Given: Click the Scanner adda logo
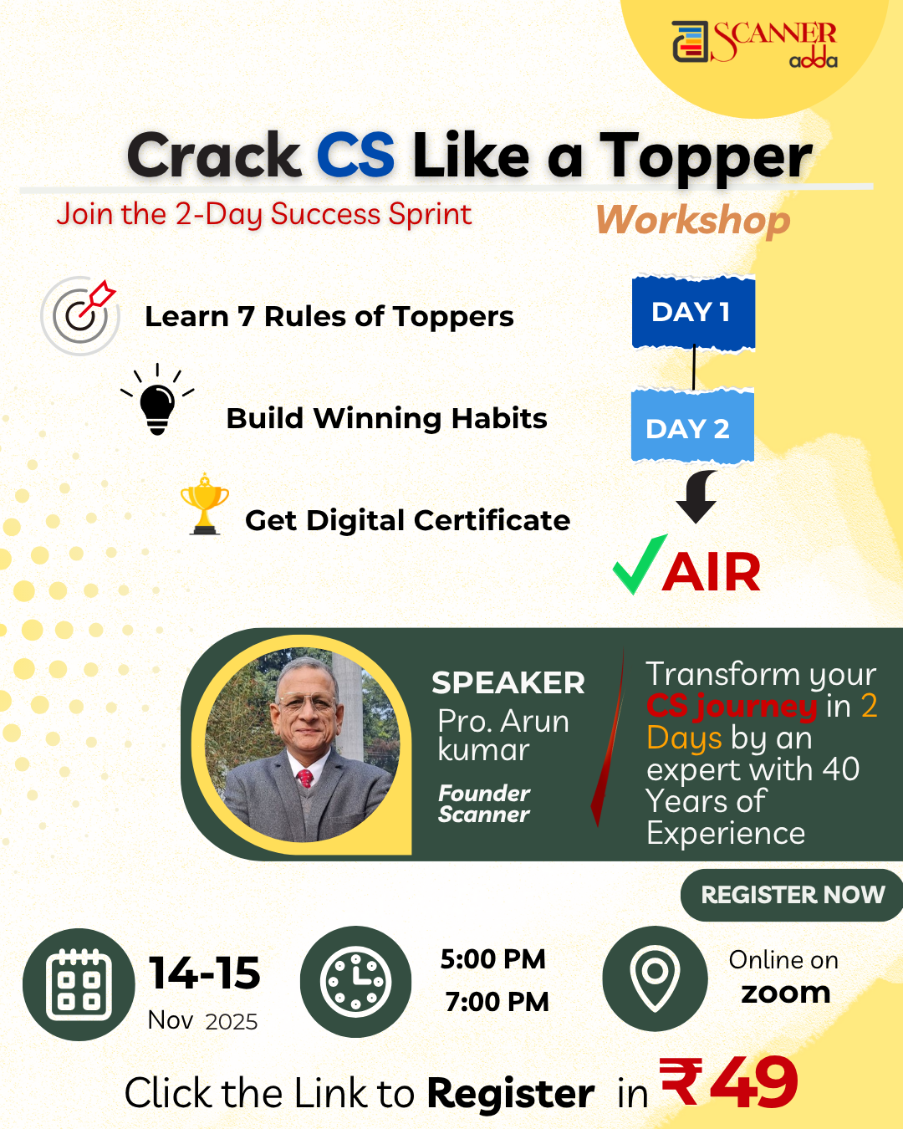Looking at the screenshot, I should coord(754,43).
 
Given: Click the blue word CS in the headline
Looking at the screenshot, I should coord(355,156).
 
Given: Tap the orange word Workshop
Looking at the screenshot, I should coord(693,221).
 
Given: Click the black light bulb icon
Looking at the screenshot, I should coord(157,403).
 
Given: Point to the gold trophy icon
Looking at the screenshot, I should coord(204,505).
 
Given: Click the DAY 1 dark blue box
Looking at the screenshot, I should coord(693,312).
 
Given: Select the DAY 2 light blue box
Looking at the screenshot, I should coord(691,427).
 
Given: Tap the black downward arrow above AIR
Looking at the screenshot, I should coord(696,497).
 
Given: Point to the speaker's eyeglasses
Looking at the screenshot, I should coord(308,705).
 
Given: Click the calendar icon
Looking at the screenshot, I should coord(79,984).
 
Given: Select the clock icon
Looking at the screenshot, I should coord(355,982).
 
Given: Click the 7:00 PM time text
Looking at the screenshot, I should coord(497,1002).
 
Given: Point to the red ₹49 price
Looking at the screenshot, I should coord(729,1083).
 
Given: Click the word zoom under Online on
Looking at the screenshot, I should coord(785,993).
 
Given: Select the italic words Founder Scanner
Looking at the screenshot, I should coord(484,804).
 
